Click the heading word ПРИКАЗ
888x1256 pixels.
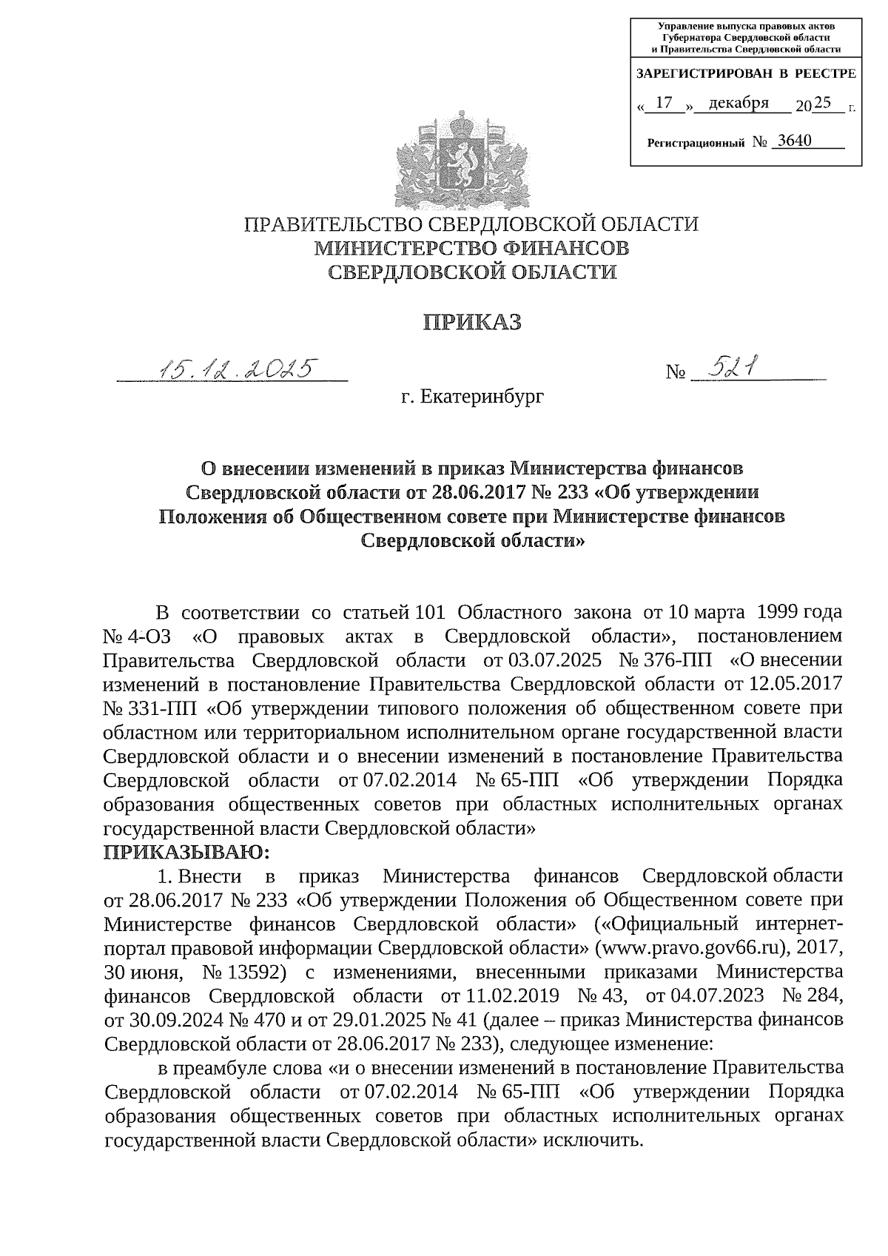coord(471,322)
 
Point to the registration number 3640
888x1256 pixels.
coord(791,141)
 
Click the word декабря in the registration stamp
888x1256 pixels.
coord(739,103)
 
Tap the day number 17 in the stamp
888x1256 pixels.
coord(664,103)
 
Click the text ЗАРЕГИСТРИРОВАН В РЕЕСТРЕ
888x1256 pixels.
coord(745,74)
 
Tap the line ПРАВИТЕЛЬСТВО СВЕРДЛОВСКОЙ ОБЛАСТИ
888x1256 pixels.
coord(471,224)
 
